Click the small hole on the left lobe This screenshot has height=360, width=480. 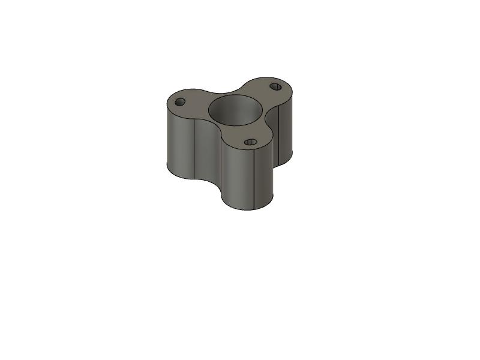180,102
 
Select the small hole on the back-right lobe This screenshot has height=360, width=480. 275,86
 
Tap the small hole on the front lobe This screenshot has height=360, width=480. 251,142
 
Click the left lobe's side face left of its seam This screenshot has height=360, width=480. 179,144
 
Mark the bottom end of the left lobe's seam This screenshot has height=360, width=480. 195,179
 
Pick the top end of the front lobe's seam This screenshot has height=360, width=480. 256,148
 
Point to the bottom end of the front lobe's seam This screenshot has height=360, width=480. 256,208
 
